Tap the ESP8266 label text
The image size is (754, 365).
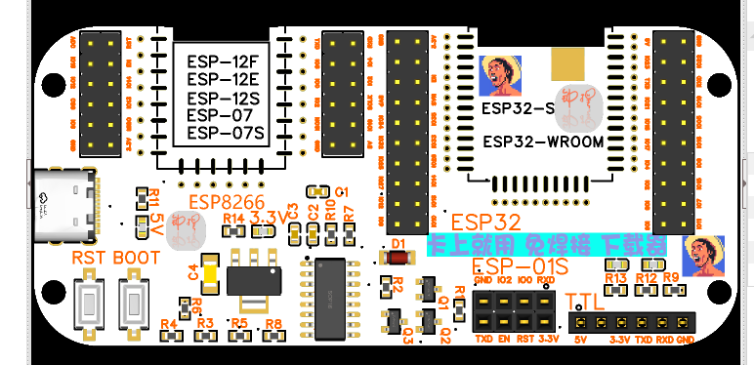click(x=219, y=202)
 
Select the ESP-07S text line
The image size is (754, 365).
click(x=226, y=133)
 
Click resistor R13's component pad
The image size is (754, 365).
click(x=616, y=291)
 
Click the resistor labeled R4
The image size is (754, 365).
click(x=172, y=335)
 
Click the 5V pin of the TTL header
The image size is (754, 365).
click(x=580, y=323)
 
